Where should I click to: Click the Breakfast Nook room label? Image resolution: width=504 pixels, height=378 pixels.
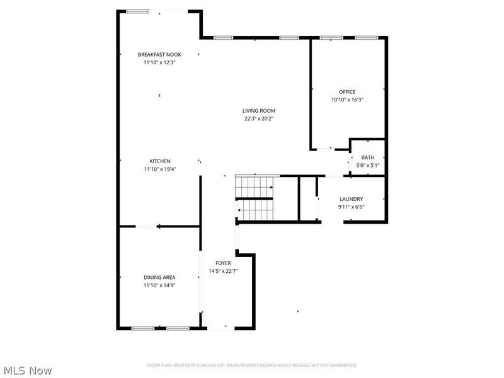[x=159, y=55]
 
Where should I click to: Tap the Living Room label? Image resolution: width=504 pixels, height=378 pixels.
[x=259, y=110]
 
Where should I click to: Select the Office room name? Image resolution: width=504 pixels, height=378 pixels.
[x=347, y=92]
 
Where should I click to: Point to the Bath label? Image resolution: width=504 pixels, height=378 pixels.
[x=368, y=157]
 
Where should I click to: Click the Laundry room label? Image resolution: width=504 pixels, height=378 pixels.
[x=351, y=199]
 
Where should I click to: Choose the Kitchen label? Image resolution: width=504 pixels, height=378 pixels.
[x=160, y=161]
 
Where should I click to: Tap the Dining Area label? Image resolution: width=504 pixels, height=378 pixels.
[x=159, y=277]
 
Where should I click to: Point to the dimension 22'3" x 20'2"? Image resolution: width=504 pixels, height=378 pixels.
[x=259, y=118]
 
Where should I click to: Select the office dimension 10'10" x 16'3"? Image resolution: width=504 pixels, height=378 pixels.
[x=347, y=100]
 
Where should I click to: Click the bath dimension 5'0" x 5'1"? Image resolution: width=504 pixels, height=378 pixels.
[x=368, y=166]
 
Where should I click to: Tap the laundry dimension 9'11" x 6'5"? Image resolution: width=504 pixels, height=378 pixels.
[x=351, y=207]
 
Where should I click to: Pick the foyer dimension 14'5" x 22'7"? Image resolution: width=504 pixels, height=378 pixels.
[x=223, y=271]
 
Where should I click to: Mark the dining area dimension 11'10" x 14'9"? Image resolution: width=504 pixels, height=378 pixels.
[x=159, y=285]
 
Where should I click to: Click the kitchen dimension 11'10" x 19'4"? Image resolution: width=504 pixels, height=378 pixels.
[x=160, y=169]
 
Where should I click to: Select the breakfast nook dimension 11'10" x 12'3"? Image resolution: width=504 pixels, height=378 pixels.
[x=159, y=62]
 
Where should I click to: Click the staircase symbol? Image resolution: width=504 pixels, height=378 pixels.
[x=255, y=198]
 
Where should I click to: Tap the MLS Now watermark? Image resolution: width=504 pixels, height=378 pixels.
[x=28, y=371]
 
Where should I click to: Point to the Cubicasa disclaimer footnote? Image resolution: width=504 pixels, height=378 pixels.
[x=252, y=365]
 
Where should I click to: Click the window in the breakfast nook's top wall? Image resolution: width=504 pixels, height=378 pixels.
[x=137, y=11]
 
